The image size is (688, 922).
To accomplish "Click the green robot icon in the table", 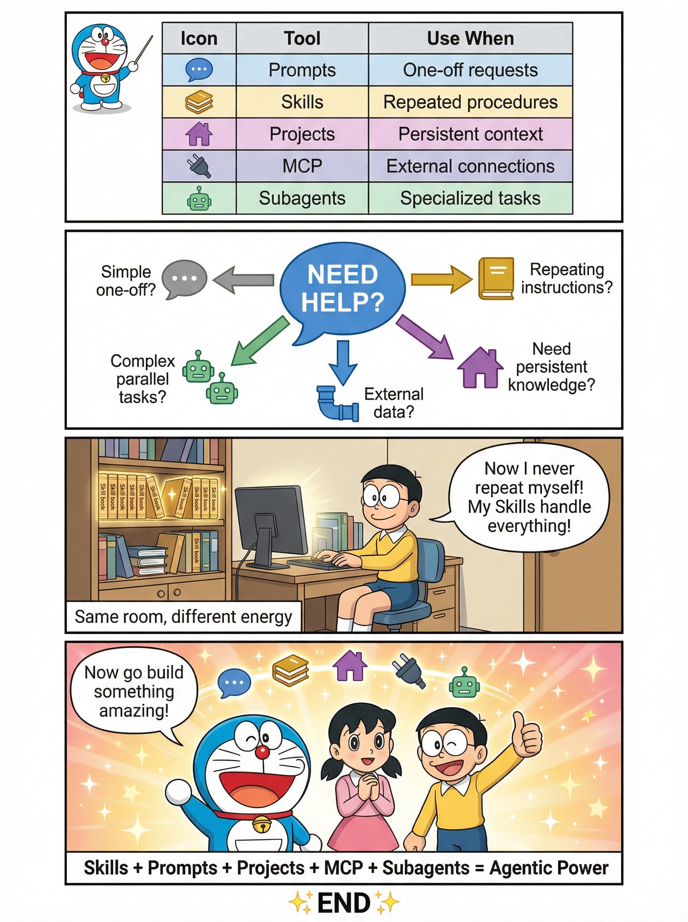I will pyautogui.click(x=199, y=198).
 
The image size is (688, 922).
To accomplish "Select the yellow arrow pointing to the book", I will pyautogui.click(x=442, y=279).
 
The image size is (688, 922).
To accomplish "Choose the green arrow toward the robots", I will pyautogui.click(x=260, y=341).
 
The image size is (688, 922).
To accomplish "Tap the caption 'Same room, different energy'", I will pyautogui.click(x=183, y=617).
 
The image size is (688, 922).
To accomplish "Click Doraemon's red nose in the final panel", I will pyautogui.click(x=262, y=751).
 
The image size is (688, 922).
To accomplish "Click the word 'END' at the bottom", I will pyautogui.click(x=344, y=903).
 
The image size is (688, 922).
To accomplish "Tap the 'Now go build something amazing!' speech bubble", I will pyautogui.click(x=134, y=691).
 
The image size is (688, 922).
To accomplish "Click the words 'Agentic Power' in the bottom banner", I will pyautogui.click(x=549, y=868).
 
